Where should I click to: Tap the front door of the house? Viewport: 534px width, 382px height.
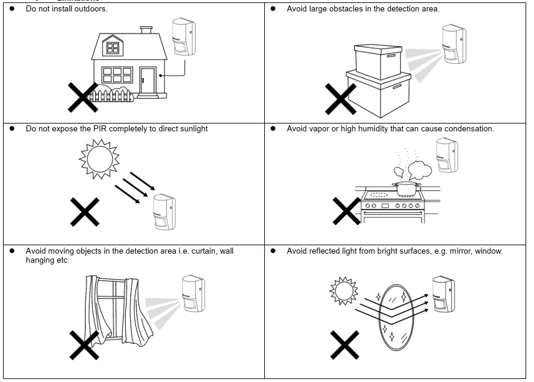(x=147, y=81)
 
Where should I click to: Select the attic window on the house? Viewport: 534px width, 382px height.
(x=113, y=46)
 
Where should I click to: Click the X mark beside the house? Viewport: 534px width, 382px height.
(x=82, y=98)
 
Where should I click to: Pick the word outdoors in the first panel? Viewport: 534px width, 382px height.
(x=90, y=9)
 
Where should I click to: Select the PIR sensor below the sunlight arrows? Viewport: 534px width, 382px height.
(x=163, y=213)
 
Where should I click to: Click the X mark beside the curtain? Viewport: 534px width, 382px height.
(x=84, y=345)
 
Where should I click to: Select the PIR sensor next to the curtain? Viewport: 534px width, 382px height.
(x=193, y=295)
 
